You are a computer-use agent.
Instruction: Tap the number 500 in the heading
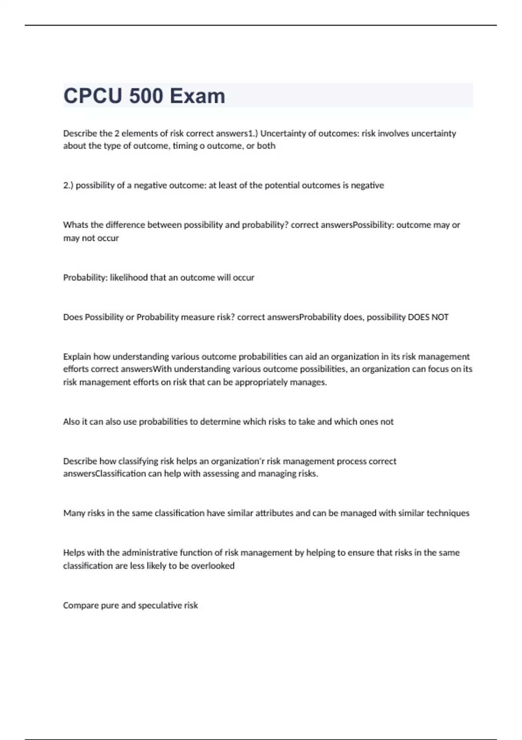[x=146, y=96]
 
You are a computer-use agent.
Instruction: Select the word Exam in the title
[x=197, y=96]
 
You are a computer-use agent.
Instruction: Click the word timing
[x=185, y=146]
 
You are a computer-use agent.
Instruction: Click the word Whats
[x=76, y=225]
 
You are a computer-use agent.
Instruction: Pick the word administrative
[x=150, y=553]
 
